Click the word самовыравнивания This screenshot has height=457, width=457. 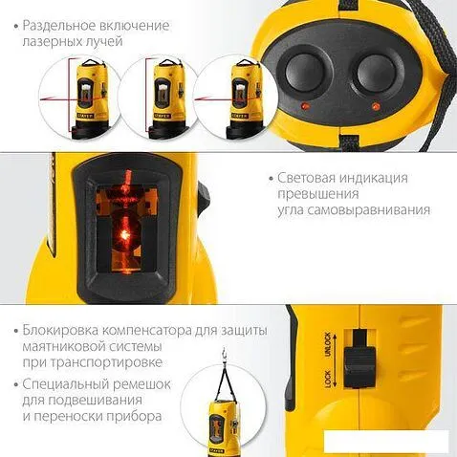coord(368,210)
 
